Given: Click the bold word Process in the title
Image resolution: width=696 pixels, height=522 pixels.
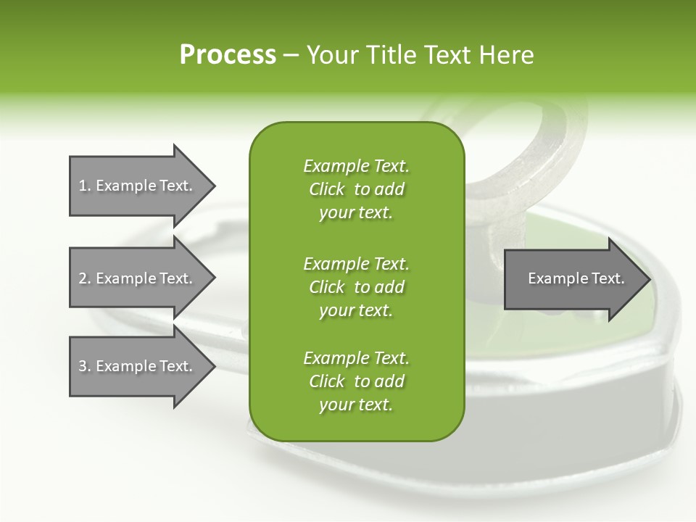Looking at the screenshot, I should pyautogui.click(x=228, y=54).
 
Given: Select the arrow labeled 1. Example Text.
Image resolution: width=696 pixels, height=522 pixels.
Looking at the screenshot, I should pyautogui.click(x=135, y=186).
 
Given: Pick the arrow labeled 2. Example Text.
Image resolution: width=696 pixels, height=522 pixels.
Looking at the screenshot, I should pyautogui.click(x=135, y=278).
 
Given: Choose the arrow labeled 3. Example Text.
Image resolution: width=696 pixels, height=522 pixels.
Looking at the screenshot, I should pyautogui.click(x=135, y=366).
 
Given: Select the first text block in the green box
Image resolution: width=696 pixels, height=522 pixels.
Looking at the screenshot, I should pyautogui.click(x=356, y=189).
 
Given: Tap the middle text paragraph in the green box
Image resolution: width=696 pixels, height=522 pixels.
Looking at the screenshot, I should pyautogui.click(x=356, y=286).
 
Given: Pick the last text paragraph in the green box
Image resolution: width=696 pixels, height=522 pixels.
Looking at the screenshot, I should pyautogui.click(x=356, y=381).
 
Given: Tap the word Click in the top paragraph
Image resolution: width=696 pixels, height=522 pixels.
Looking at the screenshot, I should pyautogui.click(x=327, y=189).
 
